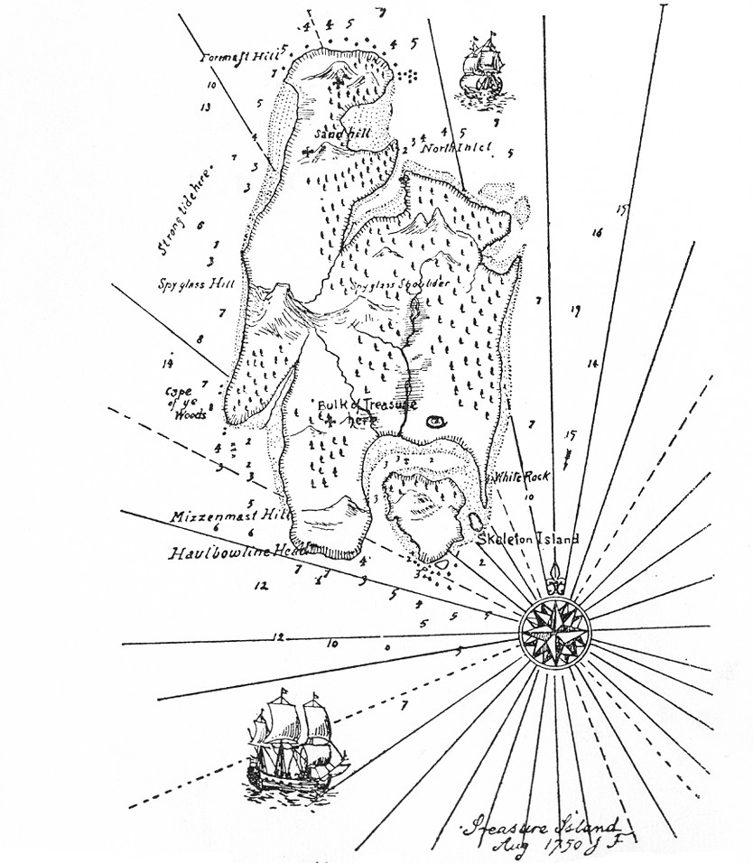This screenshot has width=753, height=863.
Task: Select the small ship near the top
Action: [481, 67]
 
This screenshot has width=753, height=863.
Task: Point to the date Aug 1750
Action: [533, 847]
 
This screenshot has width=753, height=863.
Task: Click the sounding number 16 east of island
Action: [597, 233]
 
